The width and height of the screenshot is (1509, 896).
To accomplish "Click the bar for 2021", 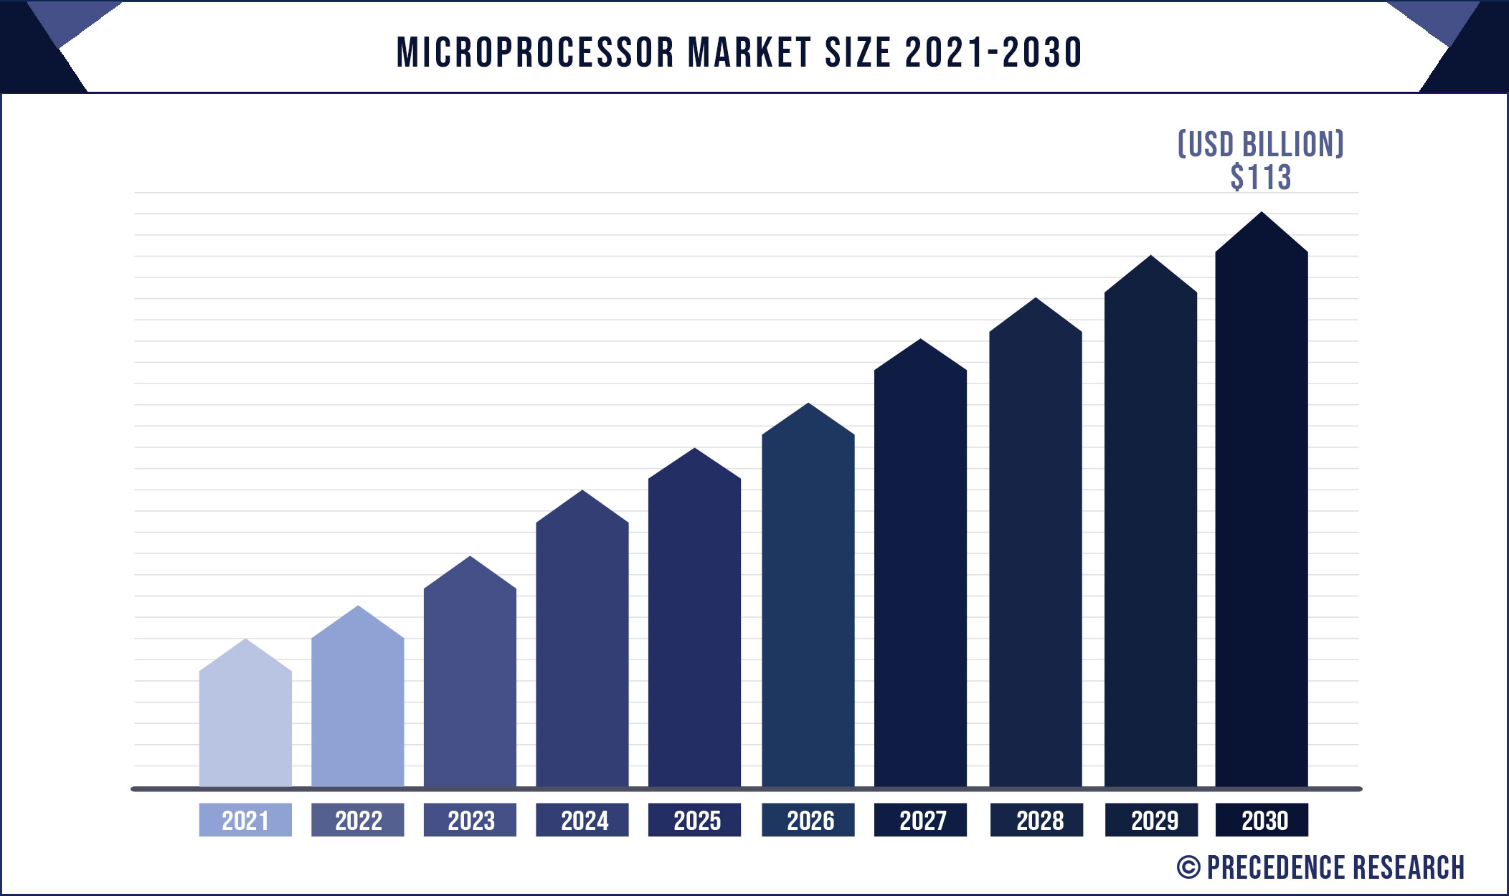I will pyautogui.click(x=245, y=724).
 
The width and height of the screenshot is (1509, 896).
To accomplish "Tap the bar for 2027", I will pyautogui.click(x=920, y=573).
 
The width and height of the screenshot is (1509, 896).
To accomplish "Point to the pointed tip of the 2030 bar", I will pyautogui.click(x=1262, y=214).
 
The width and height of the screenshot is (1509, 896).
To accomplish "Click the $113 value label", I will pyautogui.click(x=1261, y=177).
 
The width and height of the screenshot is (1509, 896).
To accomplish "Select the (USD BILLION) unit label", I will pyautogui.click(x=1261, y=144).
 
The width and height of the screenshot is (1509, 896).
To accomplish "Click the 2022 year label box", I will pyautogui.click(x=358, y=820).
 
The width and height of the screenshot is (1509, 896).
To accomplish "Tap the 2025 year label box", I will pyautogui.click(x=694, y=820).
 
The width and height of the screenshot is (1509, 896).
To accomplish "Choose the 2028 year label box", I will pyautogui.click(x=1036, y=820).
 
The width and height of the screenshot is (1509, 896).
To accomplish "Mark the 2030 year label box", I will pyautogui.click(x=1262, y=820).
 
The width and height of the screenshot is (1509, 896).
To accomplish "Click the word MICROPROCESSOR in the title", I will pyautogui.click(x=535, y=52).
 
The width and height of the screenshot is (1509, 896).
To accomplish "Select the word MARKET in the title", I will pyautogui.click(x=749, y=52).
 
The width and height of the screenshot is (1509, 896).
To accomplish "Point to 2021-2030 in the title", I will pyautogui.click(x=993, y=52).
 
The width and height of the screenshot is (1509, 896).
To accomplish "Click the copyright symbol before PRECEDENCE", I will pyautogui.click(x=1188, y=867).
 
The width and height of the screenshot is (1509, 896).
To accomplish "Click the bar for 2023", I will pyautogui.click(x=470, y=681).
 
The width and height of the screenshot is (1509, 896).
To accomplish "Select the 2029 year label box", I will pyautogui.click(x=1151, y=820).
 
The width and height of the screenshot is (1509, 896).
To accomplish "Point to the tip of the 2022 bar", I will pyautogui.click(x=358, y=608).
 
